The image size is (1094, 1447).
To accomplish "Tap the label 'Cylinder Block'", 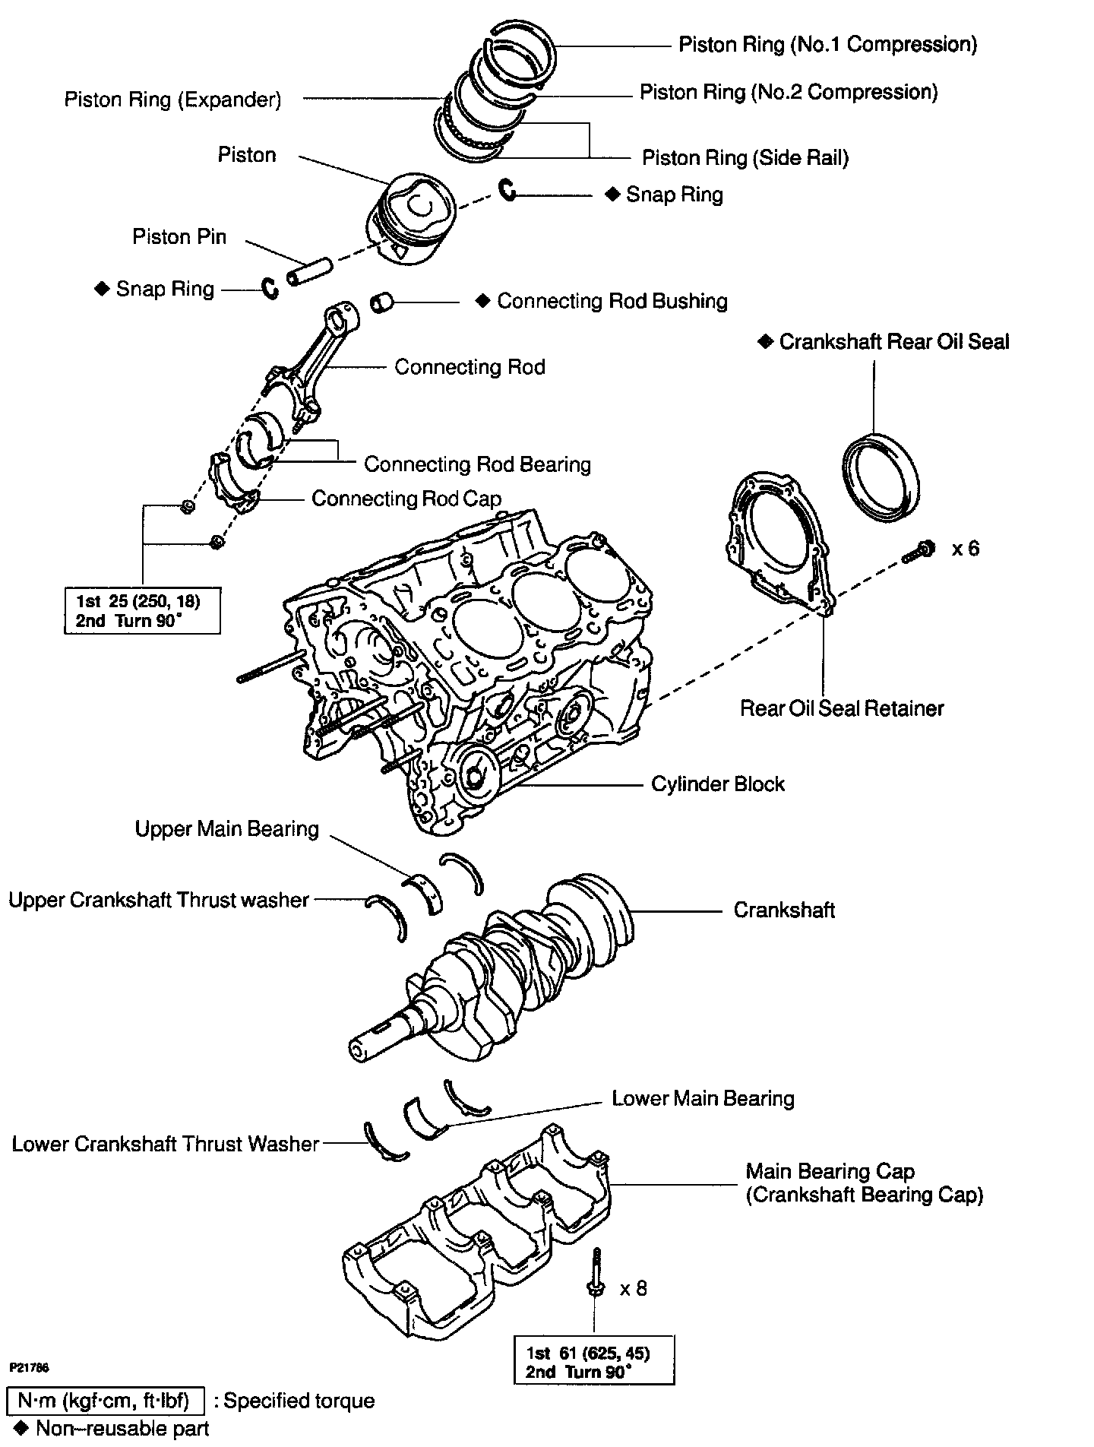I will [x=717, y=784].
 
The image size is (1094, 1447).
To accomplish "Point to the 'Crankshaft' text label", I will [x=783, y=910].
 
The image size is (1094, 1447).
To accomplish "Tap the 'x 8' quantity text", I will [x=634, y=1289].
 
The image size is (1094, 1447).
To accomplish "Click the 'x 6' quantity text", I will [x=966, y=548].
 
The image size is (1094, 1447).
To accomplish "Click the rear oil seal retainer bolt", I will [x=919, y=553].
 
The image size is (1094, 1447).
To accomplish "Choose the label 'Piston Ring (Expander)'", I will [x=172, y=100].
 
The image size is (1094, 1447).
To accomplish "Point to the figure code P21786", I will [x=30, y=1367].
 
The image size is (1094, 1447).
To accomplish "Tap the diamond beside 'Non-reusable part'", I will [x=21, y=1428].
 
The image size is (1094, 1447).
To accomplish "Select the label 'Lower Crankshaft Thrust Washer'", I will [x=165, y=1144].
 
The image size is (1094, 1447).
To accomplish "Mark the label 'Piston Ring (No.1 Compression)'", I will [x=827, y=44].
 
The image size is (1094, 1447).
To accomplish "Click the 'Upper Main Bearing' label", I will [x=226, y=828].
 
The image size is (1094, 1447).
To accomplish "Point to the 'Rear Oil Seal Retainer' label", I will [x=841, y=708].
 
